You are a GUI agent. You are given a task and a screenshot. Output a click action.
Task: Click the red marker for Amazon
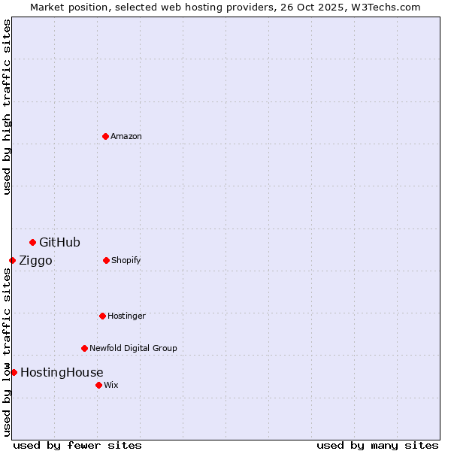coord(105,136)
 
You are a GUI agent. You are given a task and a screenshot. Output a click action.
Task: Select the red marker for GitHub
coord(32,242)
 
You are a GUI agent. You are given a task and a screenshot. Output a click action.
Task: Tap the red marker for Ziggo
coord(12,260)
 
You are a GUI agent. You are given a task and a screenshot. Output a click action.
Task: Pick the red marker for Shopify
coord(106,260)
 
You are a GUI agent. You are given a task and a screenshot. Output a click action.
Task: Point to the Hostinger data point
coord(102,316)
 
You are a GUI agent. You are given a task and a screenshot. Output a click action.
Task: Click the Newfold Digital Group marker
coord(84,348)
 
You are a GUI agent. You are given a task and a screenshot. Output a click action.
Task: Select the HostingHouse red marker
coord(14,372)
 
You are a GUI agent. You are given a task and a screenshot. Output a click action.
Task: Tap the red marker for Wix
coord(98,385)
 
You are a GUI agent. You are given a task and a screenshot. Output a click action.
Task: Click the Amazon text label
coord(126,136)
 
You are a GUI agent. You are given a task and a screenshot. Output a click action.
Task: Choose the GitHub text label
coord(59,242)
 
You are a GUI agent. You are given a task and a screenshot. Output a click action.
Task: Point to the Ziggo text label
coord(35,261)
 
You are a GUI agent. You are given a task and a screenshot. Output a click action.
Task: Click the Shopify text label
coord(126,260)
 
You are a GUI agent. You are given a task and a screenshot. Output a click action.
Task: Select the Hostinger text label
coord(126,316)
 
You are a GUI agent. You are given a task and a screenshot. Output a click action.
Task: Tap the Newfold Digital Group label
coord(133,348)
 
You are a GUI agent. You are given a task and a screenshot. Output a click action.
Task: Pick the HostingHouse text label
coord(62,372)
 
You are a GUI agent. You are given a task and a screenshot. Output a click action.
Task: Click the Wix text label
coord(111,385)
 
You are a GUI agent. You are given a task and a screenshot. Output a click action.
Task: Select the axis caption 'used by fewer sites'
coord(77,445)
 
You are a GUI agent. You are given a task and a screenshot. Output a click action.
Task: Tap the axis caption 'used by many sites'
coord(377,445)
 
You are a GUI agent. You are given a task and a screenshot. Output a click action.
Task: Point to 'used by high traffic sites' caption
coord(7,107)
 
